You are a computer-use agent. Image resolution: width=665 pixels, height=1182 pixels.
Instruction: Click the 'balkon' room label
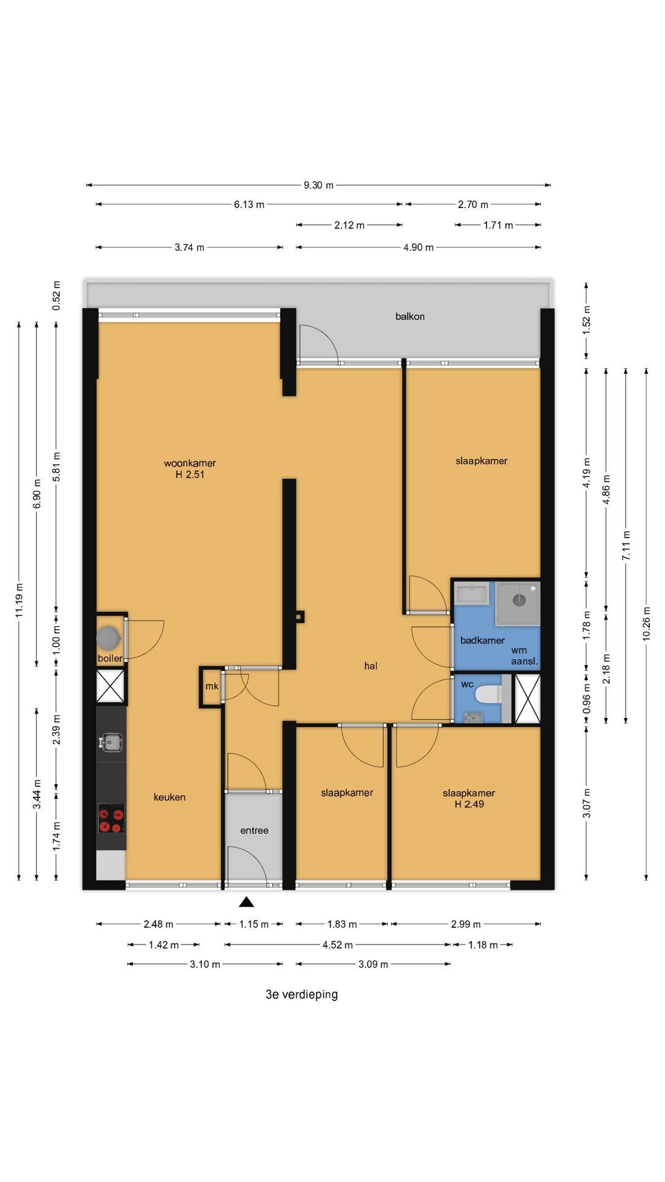click(x=409, y=316)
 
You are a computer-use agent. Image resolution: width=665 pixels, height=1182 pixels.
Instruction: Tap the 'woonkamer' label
click(x=190, y=463)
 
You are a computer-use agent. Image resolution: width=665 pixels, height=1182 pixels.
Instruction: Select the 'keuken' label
click(x=169, y=797)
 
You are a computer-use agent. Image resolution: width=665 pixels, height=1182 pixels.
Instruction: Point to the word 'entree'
click(x=254, y=830)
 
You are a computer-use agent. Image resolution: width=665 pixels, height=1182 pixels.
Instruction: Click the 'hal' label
click(x=371, y=665)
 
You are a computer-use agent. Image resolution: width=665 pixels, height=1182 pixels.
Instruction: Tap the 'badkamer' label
click(x=483, y=640)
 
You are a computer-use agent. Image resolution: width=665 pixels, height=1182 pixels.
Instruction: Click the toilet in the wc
click(x=490, y=694)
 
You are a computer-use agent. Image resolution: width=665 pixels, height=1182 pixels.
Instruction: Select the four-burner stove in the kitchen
click(x=111, y=818)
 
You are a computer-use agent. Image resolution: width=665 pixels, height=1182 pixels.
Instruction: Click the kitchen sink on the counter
click(x=111, y=742)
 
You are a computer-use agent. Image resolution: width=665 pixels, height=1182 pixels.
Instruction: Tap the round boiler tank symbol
click(x=108, y=637)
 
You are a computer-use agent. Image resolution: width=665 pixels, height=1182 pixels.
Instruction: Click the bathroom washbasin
click(x=471, y=595)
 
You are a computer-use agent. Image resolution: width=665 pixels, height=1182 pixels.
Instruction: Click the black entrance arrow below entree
click(x=247, y=902)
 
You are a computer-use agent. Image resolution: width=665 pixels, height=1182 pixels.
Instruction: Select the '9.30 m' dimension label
click(x=318, y=185)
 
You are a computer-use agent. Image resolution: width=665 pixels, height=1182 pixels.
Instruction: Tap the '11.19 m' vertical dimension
click(x=19, y=600)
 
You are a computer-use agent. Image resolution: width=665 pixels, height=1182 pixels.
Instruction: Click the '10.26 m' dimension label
click(x=646, y=623)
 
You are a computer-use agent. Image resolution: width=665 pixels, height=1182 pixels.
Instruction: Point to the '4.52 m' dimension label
click(x=337, y=944)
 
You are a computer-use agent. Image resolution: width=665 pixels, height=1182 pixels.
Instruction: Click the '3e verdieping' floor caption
click(x=302, y=994)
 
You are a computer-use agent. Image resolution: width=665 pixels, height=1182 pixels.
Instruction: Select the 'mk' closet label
click(x=212, y=686)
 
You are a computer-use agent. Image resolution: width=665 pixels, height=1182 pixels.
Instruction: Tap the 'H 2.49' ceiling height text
click(x=469, y=803)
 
